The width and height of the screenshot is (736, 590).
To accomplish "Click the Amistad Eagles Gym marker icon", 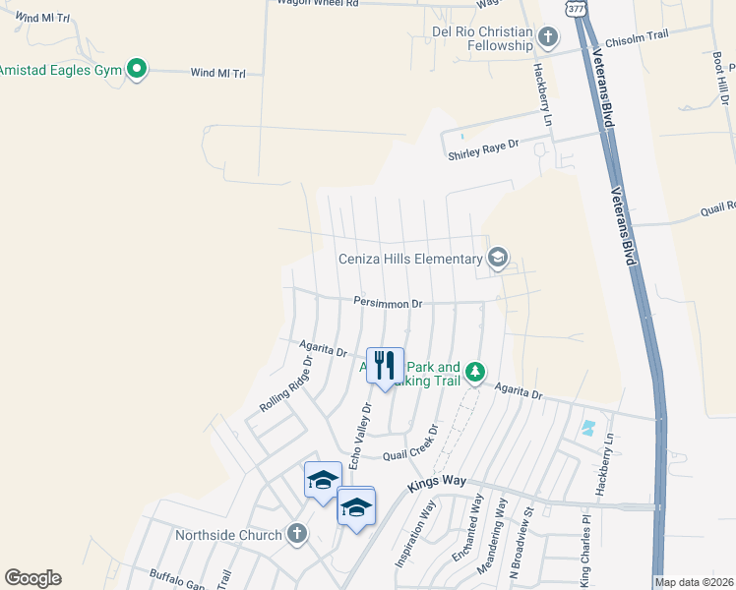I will [138, 69].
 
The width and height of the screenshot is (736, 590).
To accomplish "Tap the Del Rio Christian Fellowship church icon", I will [548, 37].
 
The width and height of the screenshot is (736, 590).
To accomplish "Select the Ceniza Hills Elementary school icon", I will [498, 259].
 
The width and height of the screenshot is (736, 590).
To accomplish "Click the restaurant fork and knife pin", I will [385, 366].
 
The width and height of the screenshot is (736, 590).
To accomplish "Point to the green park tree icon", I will [475, 372].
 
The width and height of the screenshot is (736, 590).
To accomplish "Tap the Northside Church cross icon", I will [296, 534].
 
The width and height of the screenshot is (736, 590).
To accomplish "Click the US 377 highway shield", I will [576, 7].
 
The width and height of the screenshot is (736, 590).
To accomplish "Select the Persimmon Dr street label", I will [389, 304].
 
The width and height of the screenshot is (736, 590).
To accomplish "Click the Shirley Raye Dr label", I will [482, 149].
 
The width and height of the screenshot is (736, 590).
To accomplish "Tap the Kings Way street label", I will [434, 487].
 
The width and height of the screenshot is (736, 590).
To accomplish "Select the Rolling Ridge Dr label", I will [285, 384].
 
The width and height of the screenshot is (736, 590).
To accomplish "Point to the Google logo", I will [32, 578].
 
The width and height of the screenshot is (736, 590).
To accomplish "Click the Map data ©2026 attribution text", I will [695, 582].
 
